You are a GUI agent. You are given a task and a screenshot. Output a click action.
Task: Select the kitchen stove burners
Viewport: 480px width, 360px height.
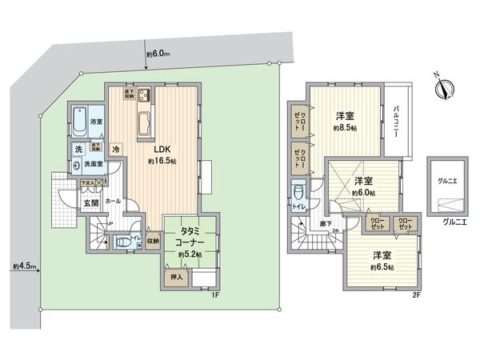(x=144, y=98)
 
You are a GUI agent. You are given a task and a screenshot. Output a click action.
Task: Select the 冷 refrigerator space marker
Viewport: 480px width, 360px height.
(x=116, y=149)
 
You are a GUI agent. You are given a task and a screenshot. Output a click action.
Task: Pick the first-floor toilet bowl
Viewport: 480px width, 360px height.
(x=120, y=241)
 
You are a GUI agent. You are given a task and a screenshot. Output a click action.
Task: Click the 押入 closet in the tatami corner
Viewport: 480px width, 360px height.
(x=178, y=278)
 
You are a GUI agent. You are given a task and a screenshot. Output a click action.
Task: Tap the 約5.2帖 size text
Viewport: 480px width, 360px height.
(x=190, y=255)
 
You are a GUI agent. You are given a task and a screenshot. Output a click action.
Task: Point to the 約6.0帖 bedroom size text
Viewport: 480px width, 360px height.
(x=363, y=192)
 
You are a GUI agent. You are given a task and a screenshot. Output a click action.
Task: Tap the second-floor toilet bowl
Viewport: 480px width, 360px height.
(x=298, y=192)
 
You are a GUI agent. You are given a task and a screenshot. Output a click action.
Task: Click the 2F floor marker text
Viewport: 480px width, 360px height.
(x=415, y=296)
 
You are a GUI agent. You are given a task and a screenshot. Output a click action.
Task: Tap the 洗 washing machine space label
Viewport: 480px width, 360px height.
(x=78, y=149)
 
